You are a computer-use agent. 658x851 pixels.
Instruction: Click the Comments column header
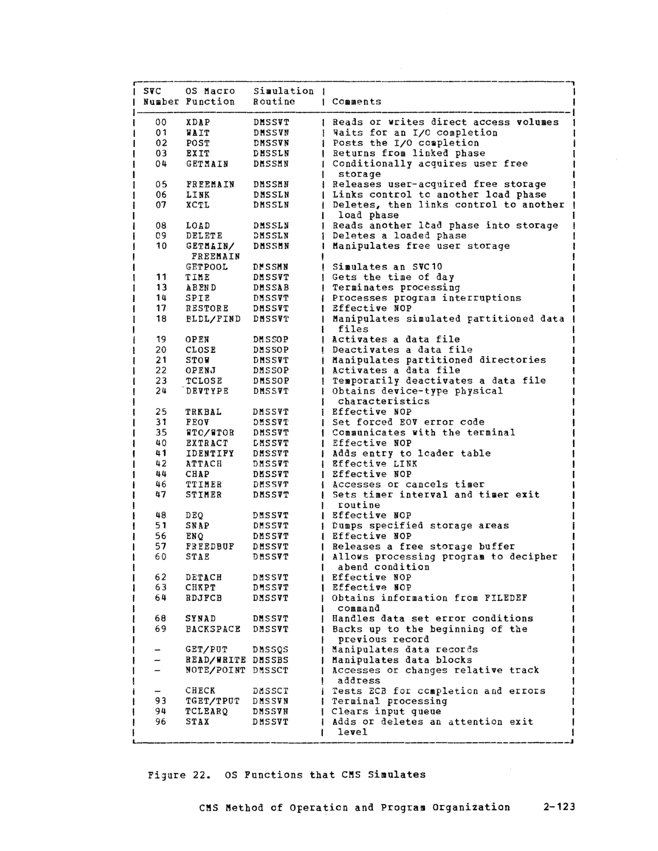pyautogui.click(x=357, y=102)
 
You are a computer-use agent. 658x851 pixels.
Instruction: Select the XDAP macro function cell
pyautogui.click(x=198, y=122)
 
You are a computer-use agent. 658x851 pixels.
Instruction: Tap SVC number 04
pyautogui.click(x=161, y=164)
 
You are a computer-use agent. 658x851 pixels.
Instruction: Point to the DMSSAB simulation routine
pyautogui.click(x=271, y=287)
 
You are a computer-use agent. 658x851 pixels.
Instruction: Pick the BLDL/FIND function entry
pyautogui.click(x=213, y=319)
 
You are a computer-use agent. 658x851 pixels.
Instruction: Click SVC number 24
pyautogui.click(x=161, y=391)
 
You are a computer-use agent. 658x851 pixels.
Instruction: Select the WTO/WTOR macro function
pyautogui.click(x=210, y=433)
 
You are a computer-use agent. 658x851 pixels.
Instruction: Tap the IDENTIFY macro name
pyautogui.click(x=210, y=453)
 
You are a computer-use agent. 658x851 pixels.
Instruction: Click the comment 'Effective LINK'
pyautogui.click(x=374, y=464)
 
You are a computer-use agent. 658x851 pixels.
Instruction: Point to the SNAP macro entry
pyautogui.click(x=197, y=526)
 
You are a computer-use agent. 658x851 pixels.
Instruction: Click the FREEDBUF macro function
pyautogui.click(x=210, y=546)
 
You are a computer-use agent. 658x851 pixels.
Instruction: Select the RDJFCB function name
pyautogui.click(x=204, y=598)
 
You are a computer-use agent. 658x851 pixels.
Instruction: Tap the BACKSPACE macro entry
pyautogui.click(x=213, y=629)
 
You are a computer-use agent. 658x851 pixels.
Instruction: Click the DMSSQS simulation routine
pyautogui.click(x=270, y=649)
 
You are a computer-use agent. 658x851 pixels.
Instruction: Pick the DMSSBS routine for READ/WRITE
pyautogui.click(x=270, y=660)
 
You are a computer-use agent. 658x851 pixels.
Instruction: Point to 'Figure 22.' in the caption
pyautogui.click(x=180, y=774)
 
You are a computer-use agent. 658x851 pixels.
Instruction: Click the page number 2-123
pyautogui.click(x=559, y=807)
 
